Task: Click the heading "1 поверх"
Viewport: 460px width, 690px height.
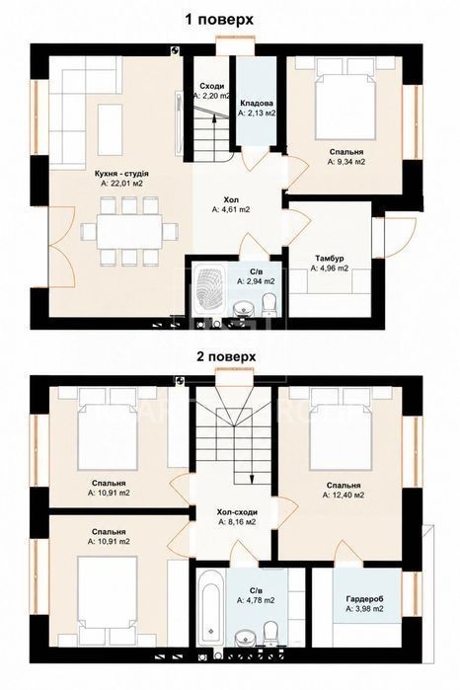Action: pyautogui.click(x=219, y=20)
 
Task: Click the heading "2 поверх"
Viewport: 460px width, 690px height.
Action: pyautogui.click(x=226, y=356)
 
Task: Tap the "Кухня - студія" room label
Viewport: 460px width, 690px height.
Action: pyautogui.click(x=121, y=174)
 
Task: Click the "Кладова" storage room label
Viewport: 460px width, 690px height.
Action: pyautogui.click(x=257, y=104)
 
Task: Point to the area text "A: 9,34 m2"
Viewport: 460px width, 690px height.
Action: pyautogui.click(x=346, y=162)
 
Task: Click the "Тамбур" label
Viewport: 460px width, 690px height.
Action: pyautogui.click(x=330, y=259)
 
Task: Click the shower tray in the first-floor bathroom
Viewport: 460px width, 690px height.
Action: pyautogui.click(x=206, y=289)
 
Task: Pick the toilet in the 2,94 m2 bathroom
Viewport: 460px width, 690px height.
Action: pyautogui.click(x=268, y=305)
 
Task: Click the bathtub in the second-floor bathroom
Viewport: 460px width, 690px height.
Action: pyautogui.click(x=211, y=606)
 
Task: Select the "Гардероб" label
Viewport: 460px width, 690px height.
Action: pyautogui.click(x=364, y=599)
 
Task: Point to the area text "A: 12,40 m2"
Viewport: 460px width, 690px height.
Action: pyautogui.click(x=344, y=496)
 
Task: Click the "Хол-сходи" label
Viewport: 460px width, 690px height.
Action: pyautogui.click(x=237, y=512)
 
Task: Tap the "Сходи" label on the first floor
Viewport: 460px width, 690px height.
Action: pyautogui.click(x=211, y=86)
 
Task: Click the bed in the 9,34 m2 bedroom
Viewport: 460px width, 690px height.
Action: pyautogui.click(x=345, y=104)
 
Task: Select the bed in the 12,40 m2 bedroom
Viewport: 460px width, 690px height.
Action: pyautogui.click(x=341, y=436)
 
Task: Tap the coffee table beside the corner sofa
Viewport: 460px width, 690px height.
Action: pyautogui.click(x=110, y=129)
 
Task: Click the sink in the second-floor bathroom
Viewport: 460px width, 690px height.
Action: pyautogui.click(x=242, y=638)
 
